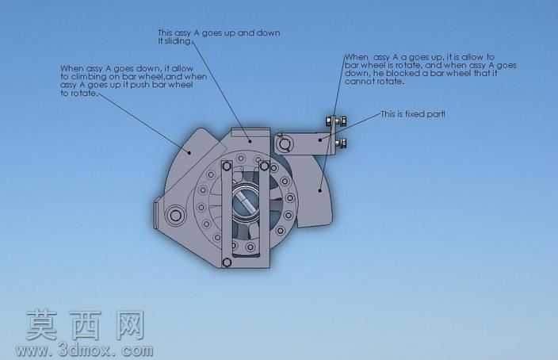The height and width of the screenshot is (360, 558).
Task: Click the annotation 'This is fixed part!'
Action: tap(413, 114)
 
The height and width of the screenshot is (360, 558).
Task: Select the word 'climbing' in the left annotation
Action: tap(88, 77)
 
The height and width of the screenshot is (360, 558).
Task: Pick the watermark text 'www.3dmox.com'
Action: tap(84, 350)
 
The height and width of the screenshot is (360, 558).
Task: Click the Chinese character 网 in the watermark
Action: tap(130, 325)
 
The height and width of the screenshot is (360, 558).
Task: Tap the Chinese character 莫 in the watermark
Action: tap(42, 325)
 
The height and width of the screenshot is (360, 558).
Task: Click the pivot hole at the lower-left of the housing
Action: tap(175, 215)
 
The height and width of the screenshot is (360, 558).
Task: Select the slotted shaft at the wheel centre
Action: tap(246, 201)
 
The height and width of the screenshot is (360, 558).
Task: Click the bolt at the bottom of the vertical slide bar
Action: tap(227, 262)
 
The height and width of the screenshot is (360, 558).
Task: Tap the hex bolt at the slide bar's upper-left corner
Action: tap(227, 166)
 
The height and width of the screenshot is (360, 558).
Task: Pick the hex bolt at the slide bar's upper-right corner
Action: tap(265, 166)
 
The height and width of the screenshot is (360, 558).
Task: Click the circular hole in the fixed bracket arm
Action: tap(284, 144)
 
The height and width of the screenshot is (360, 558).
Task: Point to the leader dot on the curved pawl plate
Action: tap(320, 190)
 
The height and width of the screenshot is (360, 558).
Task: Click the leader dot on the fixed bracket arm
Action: tap(320, 140)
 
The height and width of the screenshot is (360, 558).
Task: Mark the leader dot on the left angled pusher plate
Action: tap(189, 153)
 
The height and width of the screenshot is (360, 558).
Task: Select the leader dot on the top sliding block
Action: tap(250, 141)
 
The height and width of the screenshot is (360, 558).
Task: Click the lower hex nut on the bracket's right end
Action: tap(342, 144)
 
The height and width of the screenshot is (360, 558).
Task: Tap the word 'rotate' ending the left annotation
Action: tap(83, 94)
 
